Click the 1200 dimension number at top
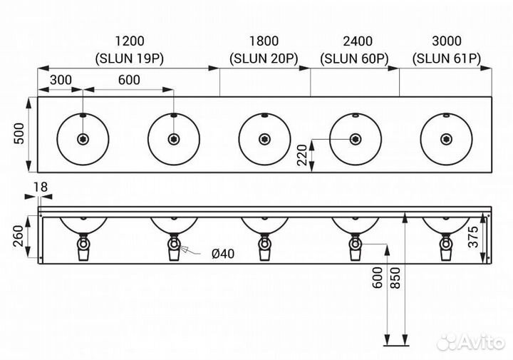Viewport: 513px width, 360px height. click(x=129, y=41)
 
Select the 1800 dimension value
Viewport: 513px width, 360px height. click(x=264, y=41)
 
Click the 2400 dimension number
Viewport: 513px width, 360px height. click(x=354, y=41)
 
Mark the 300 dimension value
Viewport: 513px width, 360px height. click(x=61, y=80)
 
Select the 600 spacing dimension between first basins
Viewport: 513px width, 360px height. click(x=129, y=80)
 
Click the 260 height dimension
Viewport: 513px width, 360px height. click(x=20, y=236)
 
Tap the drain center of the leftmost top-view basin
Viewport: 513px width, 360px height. click(x=83, y=139)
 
